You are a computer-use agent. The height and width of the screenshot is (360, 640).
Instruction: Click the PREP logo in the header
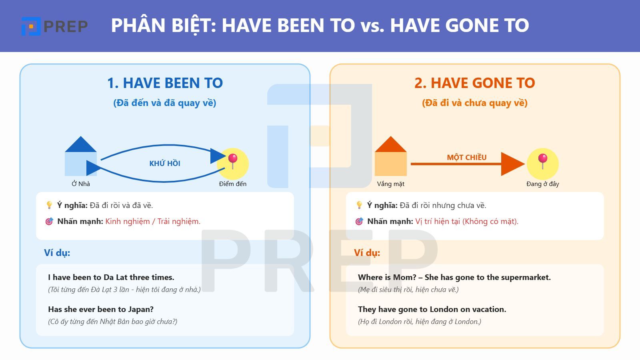pos(54,26)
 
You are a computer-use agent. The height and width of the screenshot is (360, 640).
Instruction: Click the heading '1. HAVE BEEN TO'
pos(165,83)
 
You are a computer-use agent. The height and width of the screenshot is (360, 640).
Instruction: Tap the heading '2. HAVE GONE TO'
pos(474,83)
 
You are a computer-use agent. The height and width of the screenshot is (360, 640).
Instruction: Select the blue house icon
pos(80,156)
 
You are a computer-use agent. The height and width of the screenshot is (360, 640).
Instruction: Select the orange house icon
pos(390,156)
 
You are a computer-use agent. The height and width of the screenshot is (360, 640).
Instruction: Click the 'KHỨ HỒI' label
pos(165,164)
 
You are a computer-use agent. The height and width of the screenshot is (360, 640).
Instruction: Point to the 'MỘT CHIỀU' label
pos(466,157)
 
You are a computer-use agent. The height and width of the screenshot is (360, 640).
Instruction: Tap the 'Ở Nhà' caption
pos(80,184)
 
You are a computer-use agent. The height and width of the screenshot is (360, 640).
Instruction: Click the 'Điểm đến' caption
pos(232,184)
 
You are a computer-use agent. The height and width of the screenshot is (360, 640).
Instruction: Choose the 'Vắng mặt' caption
pos(390,184)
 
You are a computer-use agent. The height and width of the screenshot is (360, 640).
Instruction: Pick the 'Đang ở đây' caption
pos(542,184)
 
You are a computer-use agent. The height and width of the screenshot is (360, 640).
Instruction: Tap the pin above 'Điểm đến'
pos(233,161)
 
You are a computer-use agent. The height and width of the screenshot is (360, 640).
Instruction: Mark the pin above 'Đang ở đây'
pos(542,161)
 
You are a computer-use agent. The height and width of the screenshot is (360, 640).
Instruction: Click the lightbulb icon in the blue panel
pos(49,205)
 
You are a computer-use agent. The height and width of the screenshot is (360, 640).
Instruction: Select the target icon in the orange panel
pos(359,221)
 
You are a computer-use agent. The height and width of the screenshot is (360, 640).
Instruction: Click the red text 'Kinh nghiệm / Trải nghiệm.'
pos(153,222)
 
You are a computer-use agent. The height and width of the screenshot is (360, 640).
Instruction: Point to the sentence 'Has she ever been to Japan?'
pos(101,309)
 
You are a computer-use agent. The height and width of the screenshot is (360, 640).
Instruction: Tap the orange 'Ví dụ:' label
pos(367,253)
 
